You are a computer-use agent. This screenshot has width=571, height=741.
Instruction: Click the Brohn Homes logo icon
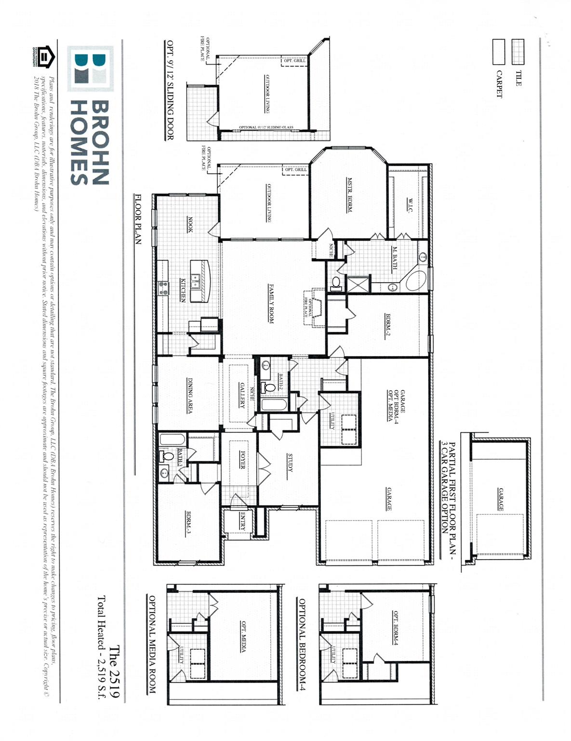(x=91, y=69)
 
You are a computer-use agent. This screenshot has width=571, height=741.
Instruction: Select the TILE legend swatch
(x=518, y=52)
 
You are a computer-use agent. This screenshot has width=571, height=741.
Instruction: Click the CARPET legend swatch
(x=498, y=52)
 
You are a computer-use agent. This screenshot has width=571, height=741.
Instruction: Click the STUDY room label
(x=290, y=463)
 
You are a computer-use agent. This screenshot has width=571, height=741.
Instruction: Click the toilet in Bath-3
(x=168, y=456)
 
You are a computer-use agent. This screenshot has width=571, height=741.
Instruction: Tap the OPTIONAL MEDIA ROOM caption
(x=152, y=645)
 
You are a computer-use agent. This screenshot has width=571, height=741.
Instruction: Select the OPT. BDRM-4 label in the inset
(x=396, y=628)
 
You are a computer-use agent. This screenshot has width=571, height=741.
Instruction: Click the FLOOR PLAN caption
(x=138, y=219)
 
